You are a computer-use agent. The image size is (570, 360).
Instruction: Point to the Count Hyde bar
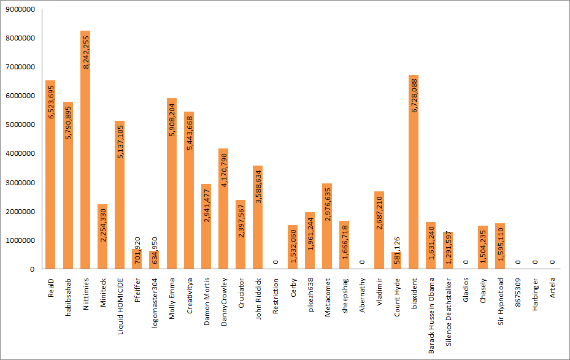[x=396, y=261]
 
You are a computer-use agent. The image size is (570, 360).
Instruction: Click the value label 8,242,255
[x=86, y=52]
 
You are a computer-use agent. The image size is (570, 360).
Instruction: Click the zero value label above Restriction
[x=275, y=262]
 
